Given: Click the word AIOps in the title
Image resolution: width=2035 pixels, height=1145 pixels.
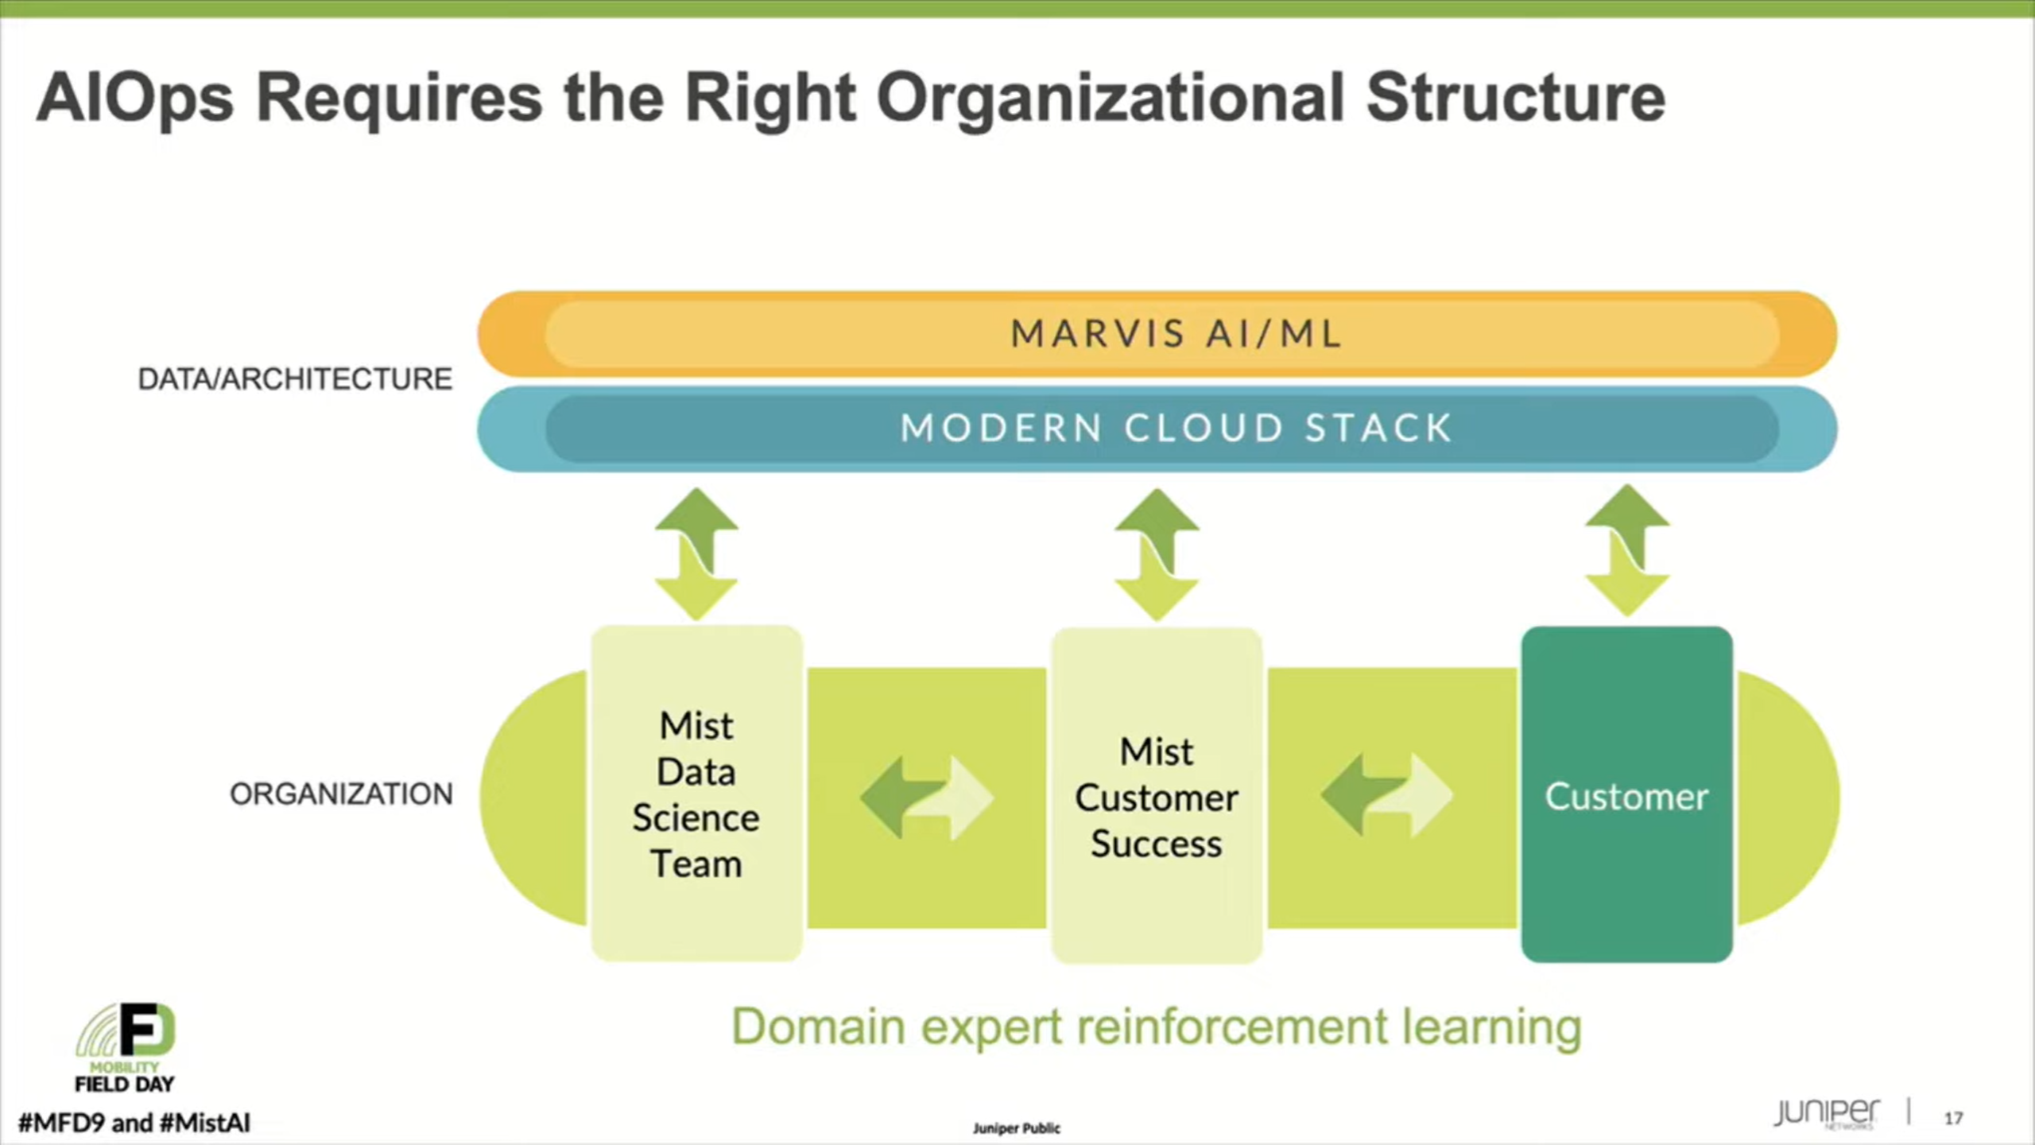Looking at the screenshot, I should click(x=135, y=99).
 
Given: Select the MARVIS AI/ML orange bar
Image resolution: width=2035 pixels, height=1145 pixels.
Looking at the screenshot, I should click(x=1157, y=333).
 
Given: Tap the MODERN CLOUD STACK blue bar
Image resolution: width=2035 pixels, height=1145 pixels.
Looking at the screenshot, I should click(x=1157, y=429).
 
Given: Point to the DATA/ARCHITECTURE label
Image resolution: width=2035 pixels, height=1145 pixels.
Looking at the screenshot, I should click(x=295, y=379).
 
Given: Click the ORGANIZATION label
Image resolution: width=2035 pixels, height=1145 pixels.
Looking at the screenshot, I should click(x=341, y=794).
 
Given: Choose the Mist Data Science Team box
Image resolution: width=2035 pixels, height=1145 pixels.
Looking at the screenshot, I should click(x=696, y=794).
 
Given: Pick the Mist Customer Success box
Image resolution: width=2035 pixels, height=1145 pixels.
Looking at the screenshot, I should click(x=1157, y=796).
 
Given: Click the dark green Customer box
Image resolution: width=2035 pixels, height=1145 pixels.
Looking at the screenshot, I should click(x=1626, y=794).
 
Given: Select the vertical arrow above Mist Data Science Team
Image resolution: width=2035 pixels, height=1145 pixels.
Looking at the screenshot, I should click(x=696, y=554).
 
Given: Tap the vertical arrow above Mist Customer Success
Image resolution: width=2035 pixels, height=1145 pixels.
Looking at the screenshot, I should click(x=1157, y=554).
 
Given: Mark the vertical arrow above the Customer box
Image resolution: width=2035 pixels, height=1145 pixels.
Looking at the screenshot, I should click(x=1627, y=552).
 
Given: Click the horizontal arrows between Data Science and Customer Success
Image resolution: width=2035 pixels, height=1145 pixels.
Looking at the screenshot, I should click(x=927, y=798).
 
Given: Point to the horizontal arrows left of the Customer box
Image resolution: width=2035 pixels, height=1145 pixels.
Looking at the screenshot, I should click(x=1387, y=795).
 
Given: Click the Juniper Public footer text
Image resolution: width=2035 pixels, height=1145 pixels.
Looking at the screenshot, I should click(x=1016, y=1128).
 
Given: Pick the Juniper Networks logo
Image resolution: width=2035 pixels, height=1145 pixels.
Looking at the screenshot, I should click(x=1827, y=1112).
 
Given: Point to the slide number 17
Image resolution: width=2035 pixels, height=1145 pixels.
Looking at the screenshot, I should click(x=1953, y=1118).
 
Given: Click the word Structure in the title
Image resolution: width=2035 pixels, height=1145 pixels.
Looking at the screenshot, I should click(x=1515, y=99).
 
